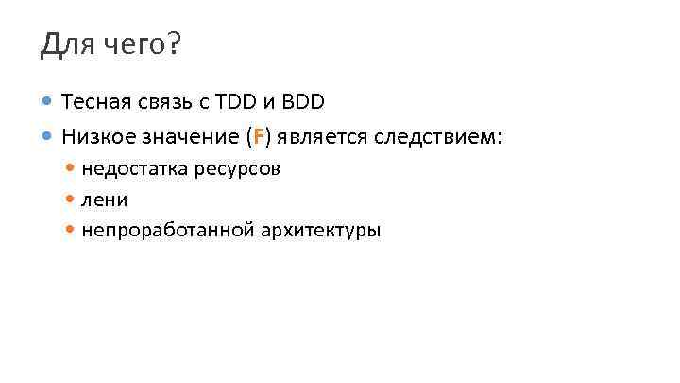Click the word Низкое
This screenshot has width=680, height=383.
pyautogui.click(x=96, y=137)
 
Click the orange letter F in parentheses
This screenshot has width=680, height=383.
pyautogui.click(x=259, y=137)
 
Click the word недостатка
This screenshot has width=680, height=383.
pyautogui.click(x=132, y=169)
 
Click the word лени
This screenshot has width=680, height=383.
pyautogui.click(x=105, y=200)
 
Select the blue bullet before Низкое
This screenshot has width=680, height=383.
pyautogui.click(x=48, y=136)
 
